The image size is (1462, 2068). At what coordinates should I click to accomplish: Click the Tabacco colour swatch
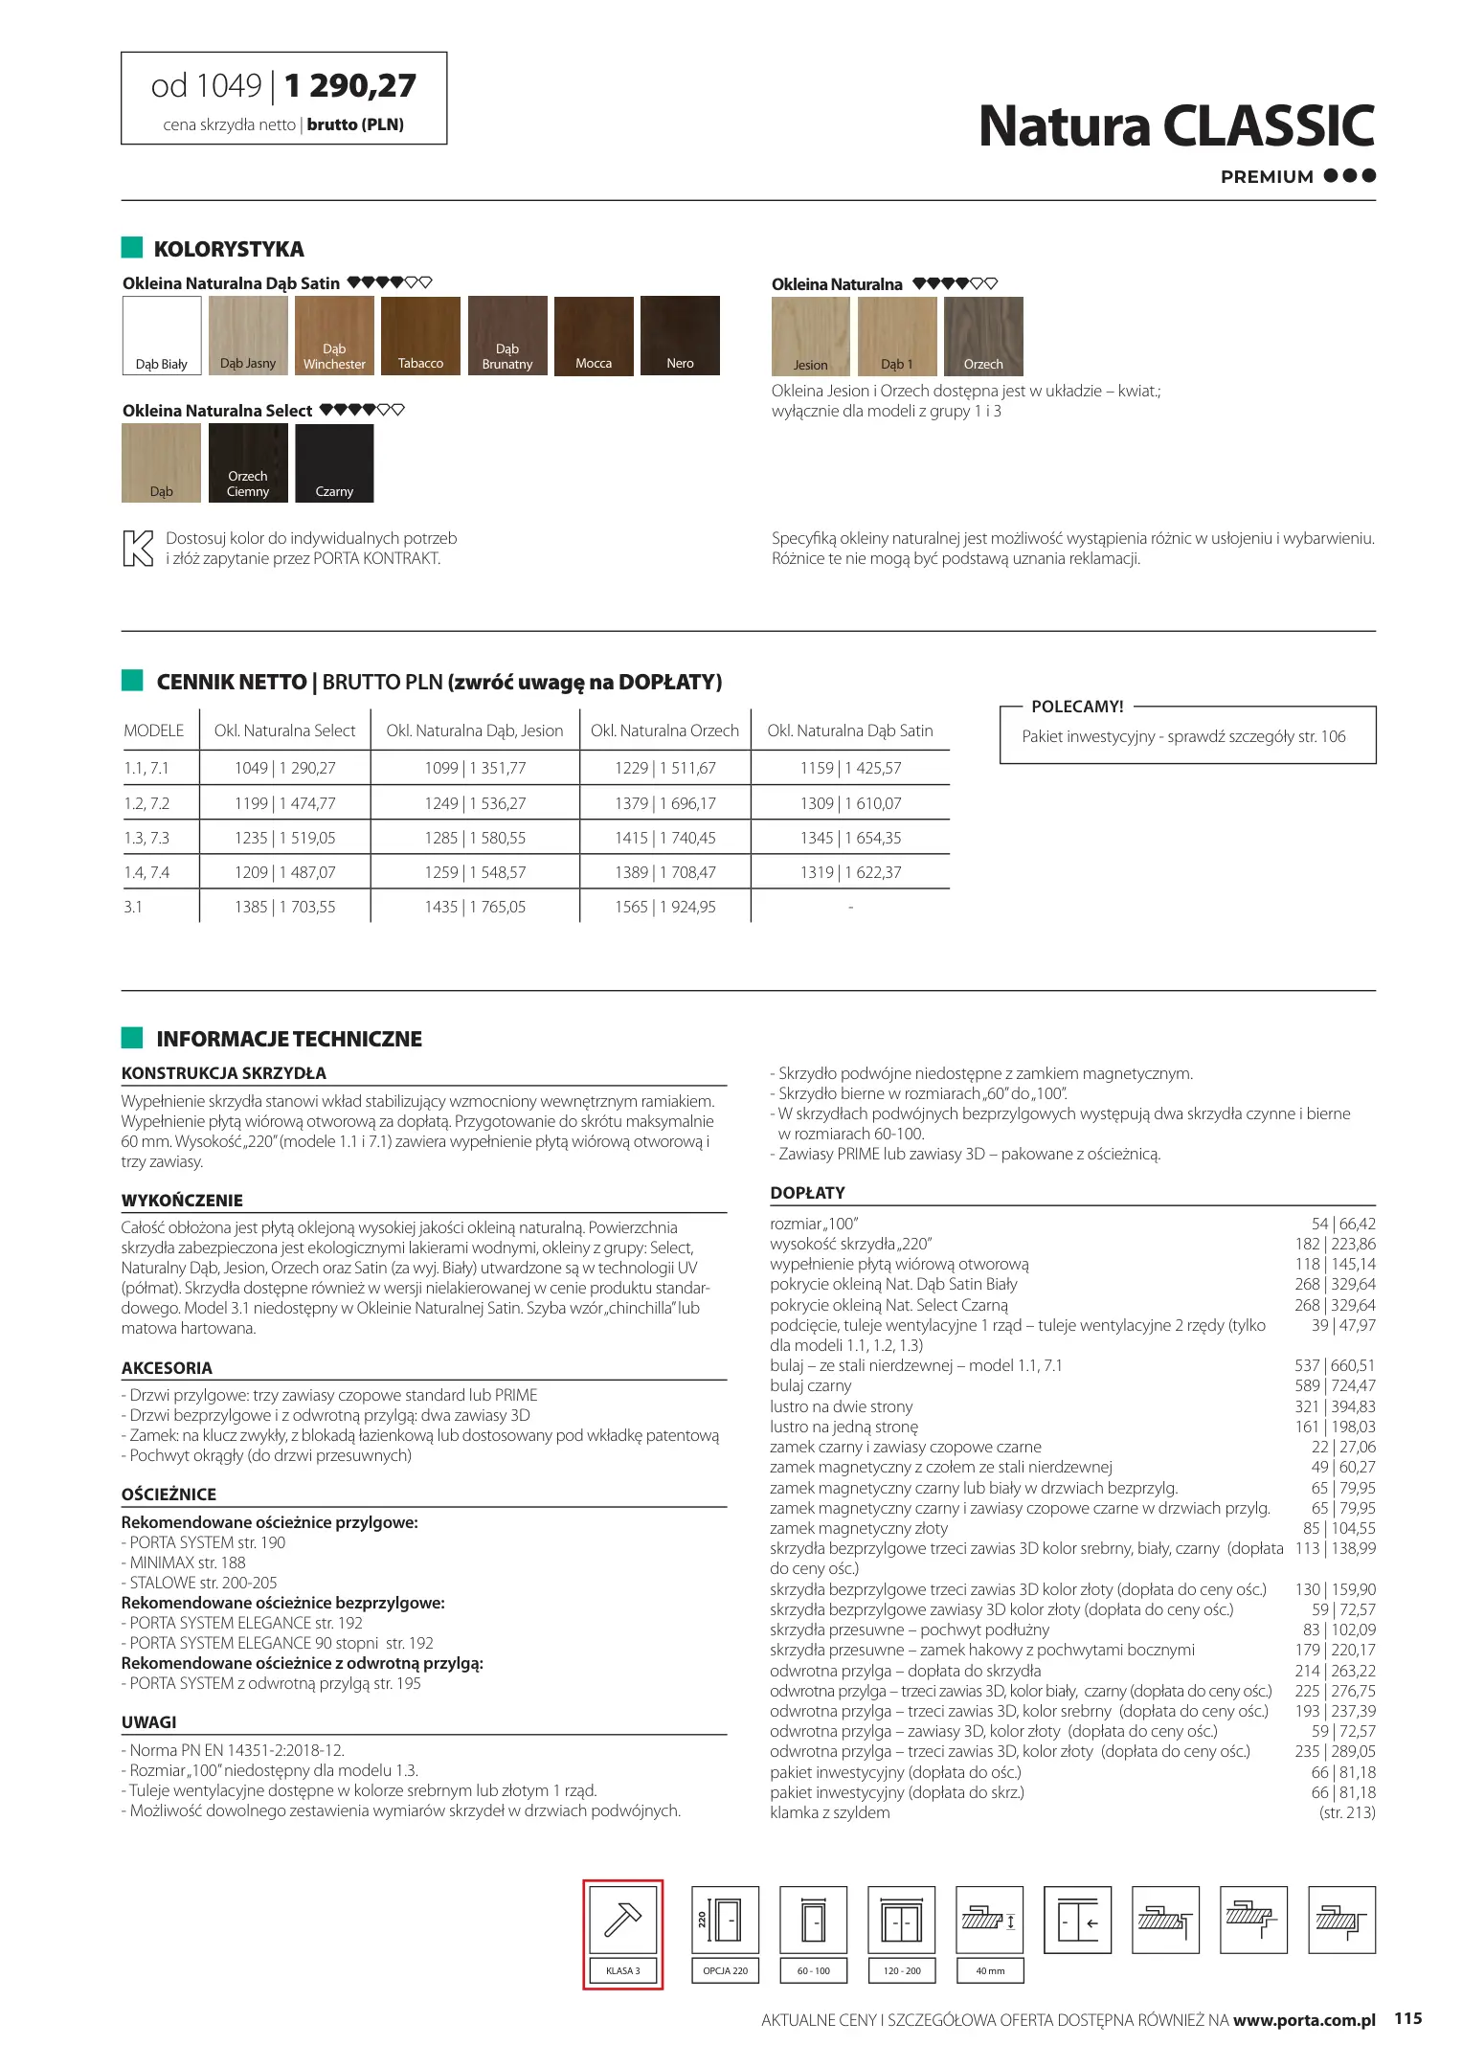pos(420,335)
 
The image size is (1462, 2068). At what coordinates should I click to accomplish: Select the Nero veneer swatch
pos(680,335)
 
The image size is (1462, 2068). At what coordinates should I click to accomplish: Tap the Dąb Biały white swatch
pos(162,335)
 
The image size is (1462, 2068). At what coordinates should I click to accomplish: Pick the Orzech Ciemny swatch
pos(248,463)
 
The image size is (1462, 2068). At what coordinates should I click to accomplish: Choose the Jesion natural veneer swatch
pos(810,336)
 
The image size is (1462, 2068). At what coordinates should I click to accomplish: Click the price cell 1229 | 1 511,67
pos(664,768)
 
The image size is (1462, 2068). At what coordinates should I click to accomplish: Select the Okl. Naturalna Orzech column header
pos(664,731)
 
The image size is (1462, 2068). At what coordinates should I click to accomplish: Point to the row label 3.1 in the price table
pos(133,907)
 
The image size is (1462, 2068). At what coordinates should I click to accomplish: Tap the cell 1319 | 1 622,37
pos(850,872)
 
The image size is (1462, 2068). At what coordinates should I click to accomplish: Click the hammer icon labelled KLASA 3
pos(622,1920)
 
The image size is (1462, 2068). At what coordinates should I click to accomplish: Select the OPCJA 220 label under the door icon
pos(725,1970)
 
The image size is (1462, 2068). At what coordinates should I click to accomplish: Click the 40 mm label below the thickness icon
pos(990,1970)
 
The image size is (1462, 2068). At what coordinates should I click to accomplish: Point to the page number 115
pos(1407,2018)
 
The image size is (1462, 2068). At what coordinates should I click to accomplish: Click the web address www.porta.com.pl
pos(1304,2020)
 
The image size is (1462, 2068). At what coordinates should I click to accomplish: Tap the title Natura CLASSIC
pos(1176,126)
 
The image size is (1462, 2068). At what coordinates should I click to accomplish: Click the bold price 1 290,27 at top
pos(350,86)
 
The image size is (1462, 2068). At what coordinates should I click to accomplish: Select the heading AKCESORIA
pos(167,1368)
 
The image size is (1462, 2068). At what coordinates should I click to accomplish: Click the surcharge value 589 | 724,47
pos(1335,1385)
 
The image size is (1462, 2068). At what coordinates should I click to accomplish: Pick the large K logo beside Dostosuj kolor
pos(138,549)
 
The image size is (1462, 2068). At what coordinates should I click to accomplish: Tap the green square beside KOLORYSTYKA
pos(132,248)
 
